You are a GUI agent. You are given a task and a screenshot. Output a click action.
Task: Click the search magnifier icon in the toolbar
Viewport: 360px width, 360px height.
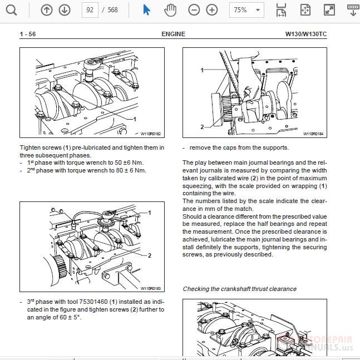click(x=11, y=10)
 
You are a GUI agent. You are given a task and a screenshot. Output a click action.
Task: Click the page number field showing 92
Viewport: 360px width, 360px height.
click(x=89, y=10)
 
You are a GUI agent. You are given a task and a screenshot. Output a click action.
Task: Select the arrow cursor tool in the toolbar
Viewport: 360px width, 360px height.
click(x=146, y=10)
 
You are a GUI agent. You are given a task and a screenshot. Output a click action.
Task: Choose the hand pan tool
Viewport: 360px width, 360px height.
click(x=170, y=10)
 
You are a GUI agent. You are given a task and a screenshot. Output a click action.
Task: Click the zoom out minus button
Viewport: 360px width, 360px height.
click(x=194, y=10)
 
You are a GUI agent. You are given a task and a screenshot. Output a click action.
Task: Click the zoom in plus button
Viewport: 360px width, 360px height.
click(x=212, y=10)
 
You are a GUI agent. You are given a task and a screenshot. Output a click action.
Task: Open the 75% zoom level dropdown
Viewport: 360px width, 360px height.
click(x=248, y=10)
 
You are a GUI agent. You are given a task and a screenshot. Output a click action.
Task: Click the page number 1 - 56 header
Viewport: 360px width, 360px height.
click(x=28, y=34)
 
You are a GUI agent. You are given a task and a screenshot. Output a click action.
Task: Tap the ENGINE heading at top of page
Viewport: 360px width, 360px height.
click(x=173, y=34)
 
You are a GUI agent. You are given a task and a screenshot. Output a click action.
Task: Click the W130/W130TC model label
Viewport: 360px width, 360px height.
click(x=306, y=34)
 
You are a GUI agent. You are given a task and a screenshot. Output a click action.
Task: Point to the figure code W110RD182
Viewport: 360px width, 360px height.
click(x=150, y=134)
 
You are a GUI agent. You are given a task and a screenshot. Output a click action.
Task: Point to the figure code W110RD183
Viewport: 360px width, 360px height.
click(x=150, y=289)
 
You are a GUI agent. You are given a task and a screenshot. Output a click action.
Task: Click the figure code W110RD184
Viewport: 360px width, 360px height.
click(x=313, y=134)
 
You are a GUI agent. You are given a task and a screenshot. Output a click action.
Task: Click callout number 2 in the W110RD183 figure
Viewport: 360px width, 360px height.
click(x=150, y=255)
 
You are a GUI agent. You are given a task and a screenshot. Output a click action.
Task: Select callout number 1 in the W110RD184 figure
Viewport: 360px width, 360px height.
click(x=202, y=70)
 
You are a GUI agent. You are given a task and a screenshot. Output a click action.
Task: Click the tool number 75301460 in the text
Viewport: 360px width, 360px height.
click(x=96, y=302)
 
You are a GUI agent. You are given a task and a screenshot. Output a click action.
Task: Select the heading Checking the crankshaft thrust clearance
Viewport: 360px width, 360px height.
click(x=239, y=289)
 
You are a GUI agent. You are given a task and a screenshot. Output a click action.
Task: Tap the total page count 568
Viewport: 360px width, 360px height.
click(x=113, y=10)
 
